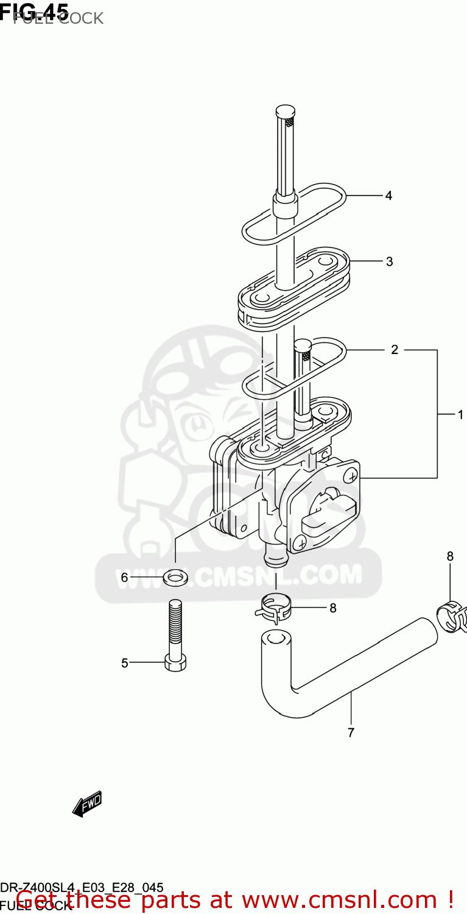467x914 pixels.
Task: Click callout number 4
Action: tap(388, 196)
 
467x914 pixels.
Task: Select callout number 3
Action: tap(389, 261)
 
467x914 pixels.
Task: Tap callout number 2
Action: tap(395, 350)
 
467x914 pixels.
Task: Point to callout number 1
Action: tap(461, 415)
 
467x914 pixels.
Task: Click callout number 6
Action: tap(124, 577)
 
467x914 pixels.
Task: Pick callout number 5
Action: tap(124, 663)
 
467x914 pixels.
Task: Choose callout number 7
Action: tap(351, 732)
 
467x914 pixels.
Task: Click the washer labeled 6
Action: tap(175, 576)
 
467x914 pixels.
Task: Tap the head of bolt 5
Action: tap(175, 664)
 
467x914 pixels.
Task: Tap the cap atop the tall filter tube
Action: tap(286, 112)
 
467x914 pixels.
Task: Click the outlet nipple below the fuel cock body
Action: tap(273, 554)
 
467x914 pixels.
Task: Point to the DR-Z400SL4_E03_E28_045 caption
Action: tap(82, 887)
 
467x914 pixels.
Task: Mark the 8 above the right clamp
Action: tap(450, 556)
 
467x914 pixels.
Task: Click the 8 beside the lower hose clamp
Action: tap(332, 608)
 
